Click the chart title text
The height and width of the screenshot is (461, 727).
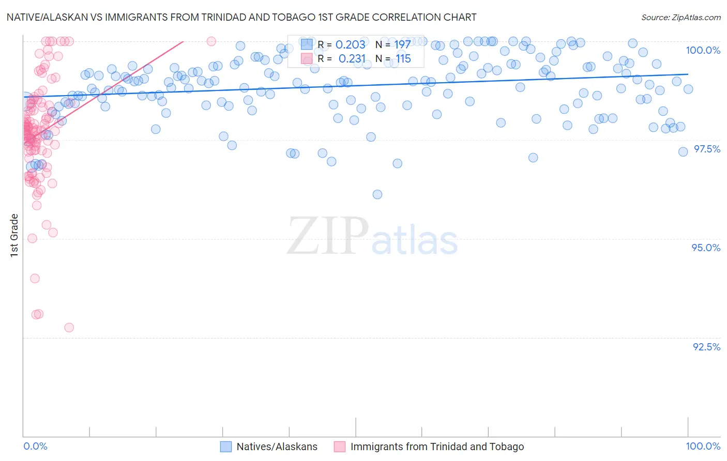[241, 17]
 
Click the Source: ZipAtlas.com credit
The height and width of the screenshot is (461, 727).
[680, 17]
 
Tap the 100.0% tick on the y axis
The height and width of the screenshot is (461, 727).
[703, 50]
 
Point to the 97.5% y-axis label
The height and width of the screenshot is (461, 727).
[706, 149]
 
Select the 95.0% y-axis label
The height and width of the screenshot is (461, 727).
[706, 248]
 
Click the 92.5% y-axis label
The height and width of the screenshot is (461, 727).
[706, 347]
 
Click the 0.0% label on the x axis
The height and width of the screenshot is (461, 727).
[35, 446]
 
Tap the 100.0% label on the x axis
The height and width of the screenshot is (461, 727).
[703, 446]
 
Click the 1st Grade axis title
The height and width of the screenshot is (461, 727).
[14, 235]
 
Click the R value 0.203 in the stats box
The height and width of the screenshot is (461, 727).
[350, 45]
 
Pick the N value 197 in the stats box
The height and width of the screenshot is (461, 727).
[402, 45]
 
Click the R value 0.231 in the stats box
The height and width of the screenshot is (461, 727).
[352, 59]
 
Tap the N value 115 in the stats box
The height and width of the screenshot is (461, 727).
[403, 59]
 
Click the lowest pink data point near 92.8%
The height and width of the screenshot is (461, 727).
[69, 328]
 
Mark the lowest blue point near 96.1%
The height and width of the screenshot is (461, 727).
[377, 194]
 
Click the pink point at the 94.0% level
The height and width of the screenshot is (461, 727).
[35, 279]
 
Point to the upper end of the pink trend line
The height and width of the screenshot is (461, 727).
[183, 41]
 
